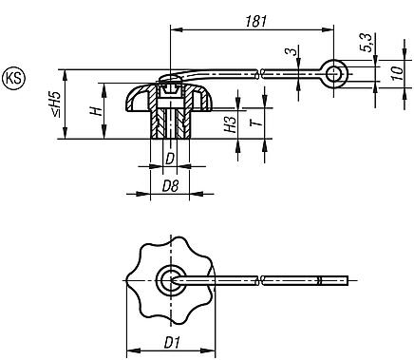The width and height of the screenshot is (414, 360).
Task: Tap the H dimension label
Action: coord(95,111)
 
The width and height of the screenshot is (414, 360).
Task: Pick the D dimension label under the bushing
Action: coord(169,158)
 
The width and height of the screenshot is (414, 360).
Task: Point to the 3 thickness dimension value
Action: coord(290,51)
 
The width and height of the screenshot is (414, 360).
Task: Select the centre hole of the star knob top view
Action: coord(169,278)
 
